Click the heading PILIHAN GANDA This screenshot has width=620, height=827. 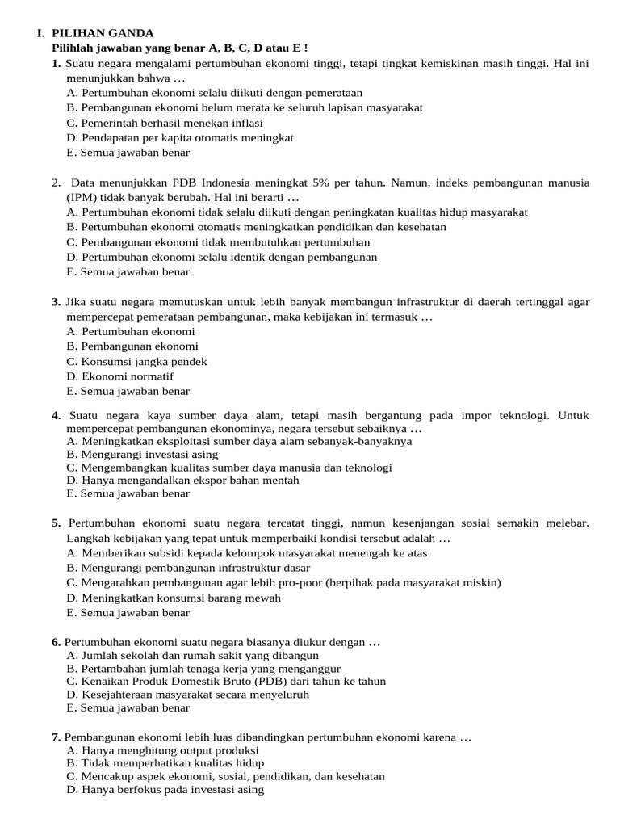(102, 33)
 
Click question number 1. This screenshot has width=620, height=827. (56, 63)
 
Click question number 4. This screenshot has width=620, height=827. (56, 415)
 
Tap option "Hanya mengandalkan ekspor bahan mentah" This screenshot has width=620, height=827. (182, 480)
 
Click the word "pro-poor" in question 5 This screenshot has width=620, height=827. (297, 583)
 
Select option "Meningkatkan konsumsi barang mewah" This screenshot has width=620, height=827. (174, 598)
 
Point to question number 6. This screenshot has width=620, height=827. (56, 642)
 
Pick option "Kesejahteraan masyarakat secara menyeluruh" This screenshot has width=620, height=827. (188, 694)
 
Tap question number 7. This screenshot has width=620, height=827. (56, 737)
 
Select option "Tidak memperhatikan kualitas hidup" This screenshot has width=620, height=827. (165, 763)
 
